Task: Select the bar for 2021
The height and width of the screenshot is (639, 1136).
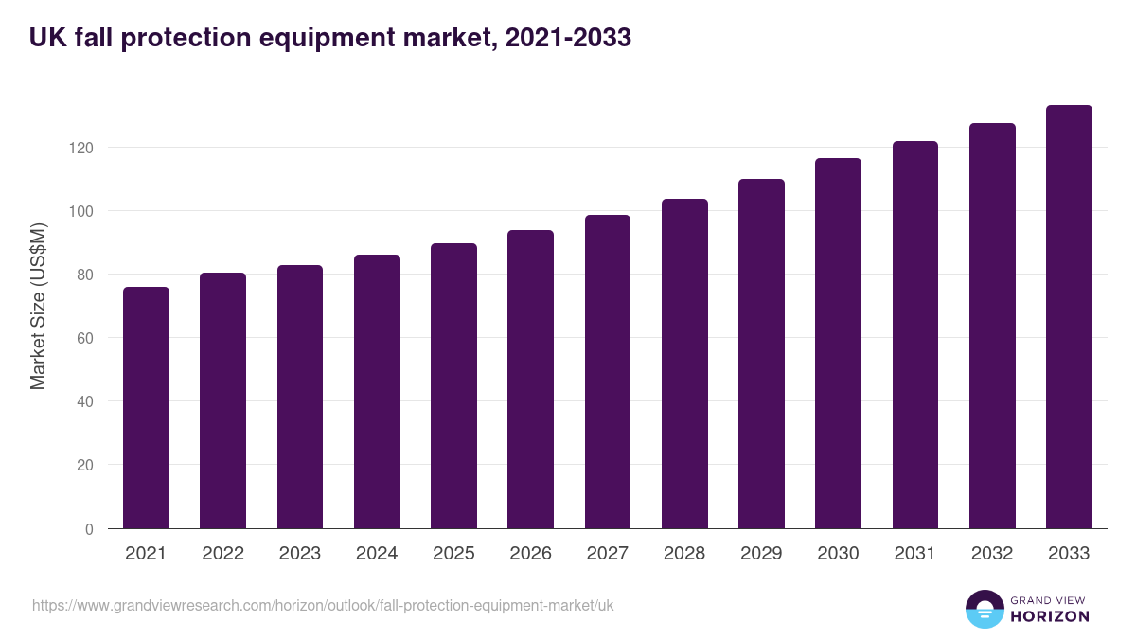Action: pos(146,407)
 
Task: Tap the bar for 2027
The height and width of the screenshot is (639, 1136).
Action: pos(608,371)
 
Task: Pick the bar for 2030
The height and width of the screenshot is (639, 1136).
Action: pos(838,343)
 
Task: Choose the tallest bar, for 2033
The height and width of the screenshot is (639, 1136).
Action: pos(1069,316)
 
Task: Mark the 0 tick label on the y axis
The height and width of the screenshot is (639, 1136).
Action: pos(89,529)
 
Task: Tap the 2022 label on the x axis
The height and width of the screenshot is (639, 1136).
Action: pos(222,554)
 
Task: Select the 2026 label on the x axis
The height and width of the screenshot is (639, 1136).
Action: pos(530,554)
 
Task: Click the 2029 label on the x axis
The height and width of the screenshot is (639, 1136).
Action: pos(761,554)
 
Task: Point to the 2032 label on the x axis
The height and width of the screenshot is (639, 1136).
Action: pos(992,554)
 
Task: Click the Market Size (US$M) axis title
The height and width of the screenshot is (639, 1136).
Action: pos(38,306)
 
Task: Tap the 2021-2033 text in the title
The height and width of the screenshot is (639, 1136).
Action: pos(568,38)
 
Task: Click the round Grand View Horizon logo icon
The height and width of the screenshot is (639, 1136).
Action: pos(984,609)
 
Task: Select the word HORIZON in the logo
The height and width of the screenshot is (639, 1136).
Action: pos(1050,616)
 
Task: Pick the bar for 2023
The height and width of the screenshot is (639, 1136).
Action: pos(300,397)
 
